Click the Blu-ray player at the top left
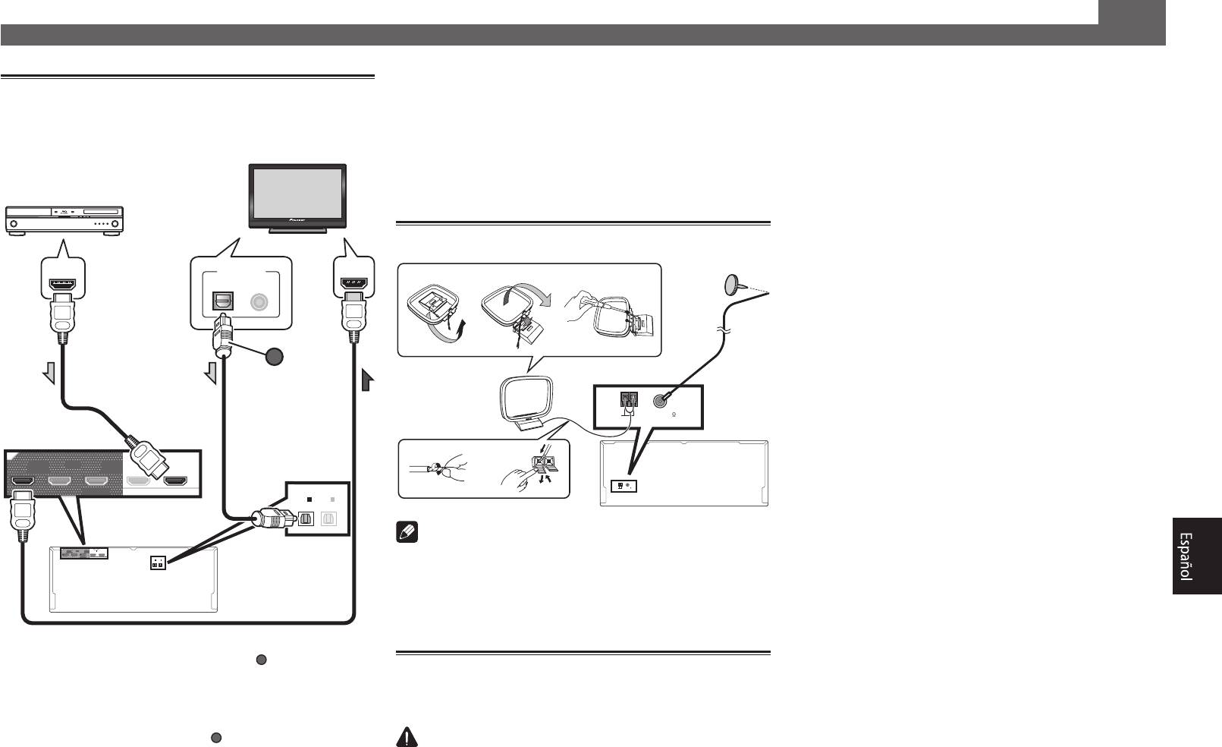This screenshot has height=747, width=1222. (64, 220)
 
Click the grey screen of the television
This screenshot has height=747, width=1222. (297, 193)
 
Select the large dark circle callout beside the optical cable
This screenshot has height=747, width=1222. (276, 357)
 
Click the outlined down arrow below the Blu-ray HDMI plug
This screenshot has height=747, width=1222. (49, 373)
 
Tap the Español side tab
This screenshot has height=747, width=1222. (1196, 556)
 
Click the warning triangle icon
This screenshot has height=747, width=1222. (407, 738)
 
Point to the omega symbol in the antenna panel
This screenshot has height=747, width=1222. (674, 414)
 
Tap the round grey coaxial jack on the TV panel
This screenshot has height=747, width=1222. (260, 301)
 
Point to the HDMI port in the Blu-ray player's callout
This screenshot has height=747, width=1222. (63, 285)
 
